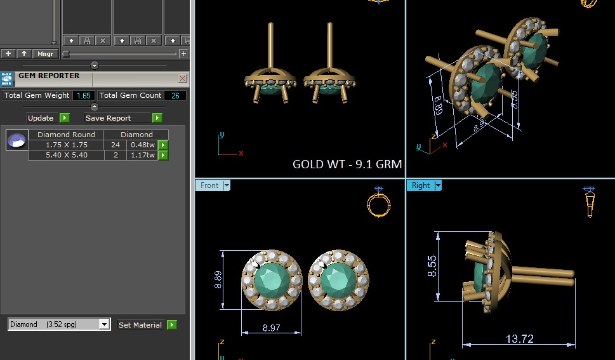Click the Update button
pyautogui.click(x=41, y=118)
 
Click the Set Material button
pyautogui.click(x=140, y=325)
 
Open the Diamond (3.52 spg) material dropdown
pyautogui.click(x=104, y=324)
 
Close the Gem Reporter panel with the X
pyautogui.click(x=183, y=79)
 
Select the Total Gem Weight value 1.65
pyautogui.click(x=83, y=95)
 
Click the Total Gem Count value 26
pyautogui.click(x=175, y=95)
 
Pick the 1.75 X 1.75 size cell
pyautogui.click(x=66, y=145)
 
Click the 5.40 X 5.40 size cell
pyautogui.click(x=66, y=155)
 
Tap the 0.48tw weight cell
pyautogui.click(x=142, y=145)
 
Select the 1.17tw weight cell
pyautogui.click(x=142, y=155)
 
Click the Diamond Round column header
pyautogui.click(x=66, y=135)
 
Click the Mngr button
pyautogui.click(x=44, y=54)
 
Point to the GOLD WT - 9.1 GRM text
pyautogui.click(x=347, y=164)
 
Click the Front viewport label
pyautogui.click(x=209, y=185)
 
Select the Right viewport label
pyautogui.click(x=421, y=185)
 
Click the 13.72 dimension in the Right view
pyautogui.click(x=519, y=339)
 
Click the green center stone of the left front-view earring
pyautogui.click(x=271, y=279)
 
